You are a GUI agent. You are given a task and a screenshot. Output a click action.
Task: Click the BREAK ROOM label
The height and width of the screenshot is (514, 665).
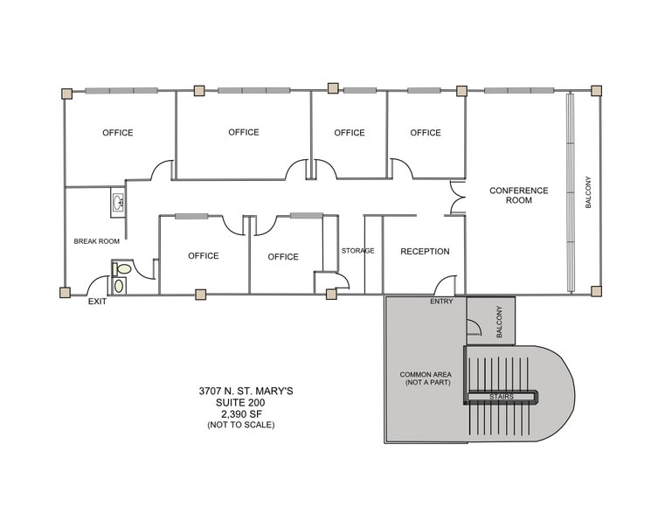(96, 241)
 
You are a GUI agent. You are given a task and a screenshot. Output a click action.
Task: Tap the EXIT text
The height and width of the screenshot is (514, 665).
(97, 302)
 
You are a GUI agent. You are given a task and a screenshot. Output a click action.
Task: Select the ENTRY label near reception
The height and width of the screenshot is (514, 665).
(441, 302)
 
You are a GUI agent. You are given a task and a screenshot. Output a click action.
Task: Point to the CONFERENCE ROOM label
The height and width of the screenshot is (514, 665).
(518, 195)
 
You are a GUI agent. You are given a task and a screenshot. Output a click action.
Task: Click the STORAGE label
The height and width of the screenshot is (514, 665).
(357, 251)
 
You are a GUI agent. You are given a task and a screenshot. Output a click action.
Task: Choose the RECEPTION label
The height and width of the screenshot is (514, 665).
(425, 252)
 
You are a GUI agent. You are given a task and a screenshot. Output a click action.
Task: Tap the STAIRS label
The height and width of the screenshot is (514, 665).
(501, 397)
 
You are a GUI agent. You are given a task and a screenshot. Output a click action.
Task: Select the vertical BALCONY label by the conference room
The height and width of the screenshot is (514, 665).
(588, 192)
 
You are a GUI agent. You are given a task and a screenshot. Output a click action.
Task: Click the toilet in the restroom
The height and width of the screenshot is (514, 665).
(122, 270)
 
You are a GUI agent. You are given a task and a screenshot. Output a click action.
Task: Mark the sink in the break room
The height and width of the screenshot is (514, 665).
(118, 203)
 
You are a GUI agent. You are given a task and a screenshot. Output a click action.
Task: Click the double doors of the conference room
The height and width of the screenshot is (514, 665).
(457, 198)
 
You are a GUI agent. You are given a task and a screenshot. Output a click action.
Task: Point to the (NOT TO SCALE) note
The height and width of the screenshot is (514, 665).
(240, 425)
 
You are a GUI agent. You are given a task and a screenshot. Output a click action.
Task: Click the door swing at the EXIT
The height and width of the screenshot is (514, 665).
(98, 285)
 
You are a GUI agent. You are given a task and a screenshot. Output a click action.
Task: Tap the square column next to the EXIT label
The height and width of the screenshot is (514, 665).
(65, 293)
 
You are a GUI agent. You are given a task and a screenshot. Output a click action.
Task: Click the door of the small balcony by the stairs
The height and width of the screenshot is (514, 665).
(473, 327)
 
